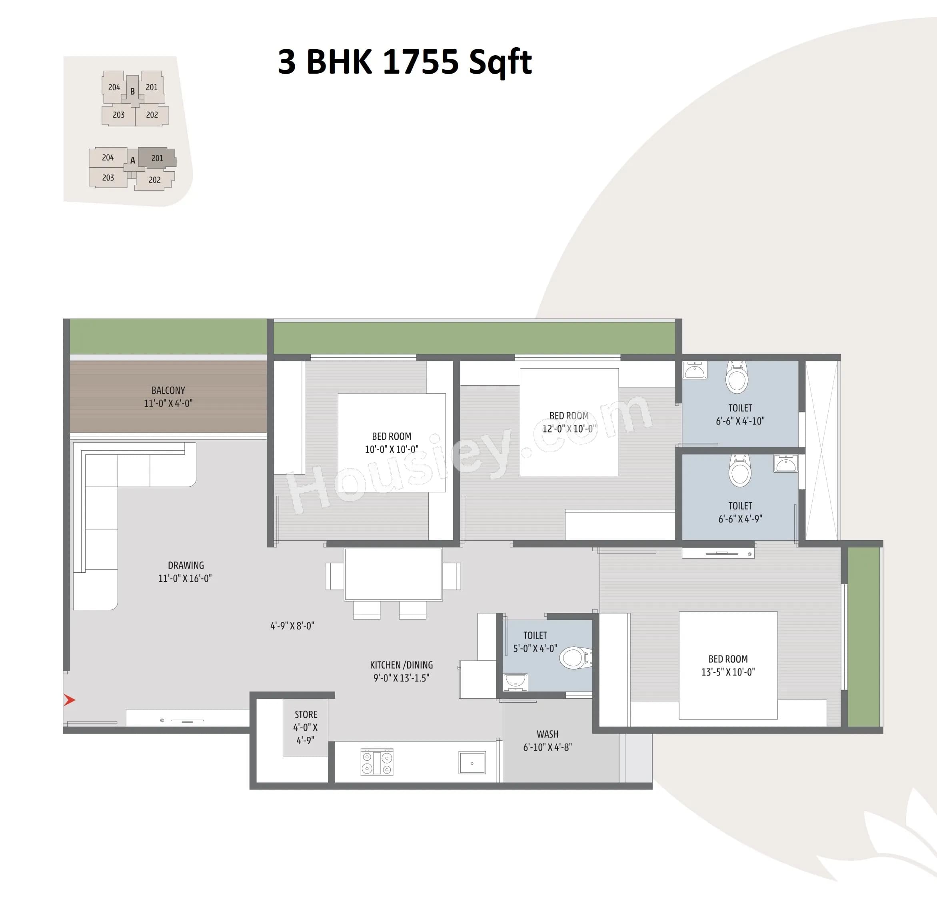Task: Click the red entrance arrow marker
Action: point(69,700)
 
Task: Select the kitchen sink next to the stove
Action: point(472,762)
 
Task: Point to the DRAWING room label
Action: point(186,565)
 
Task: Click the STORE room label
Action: point(306,714)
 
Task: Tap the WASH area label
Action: point(547,734)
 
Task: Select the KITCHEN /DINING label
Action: point(401,665)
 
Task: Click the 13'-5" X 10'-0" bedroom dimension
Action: point(727,672)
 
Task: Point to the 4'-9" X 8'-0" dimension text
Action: point(292,626)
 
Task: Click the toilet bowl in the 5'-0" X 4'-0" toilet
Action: point(575,658)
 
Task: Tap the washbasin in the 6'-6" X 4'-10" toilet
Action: point(694,370)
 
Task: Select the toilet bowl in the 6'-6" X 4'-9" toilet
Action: point(739,470)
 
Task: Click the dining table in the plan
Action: point(393,574)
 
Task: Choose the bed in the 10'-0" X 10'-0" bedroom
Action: point(392,443)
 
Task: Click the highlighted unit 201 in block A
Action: point(157,158)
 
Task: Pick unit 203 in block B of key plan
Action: point(118,115)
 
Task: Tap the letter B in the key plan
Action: point(132,91)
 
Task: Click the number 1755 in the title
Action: point(421,62)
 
